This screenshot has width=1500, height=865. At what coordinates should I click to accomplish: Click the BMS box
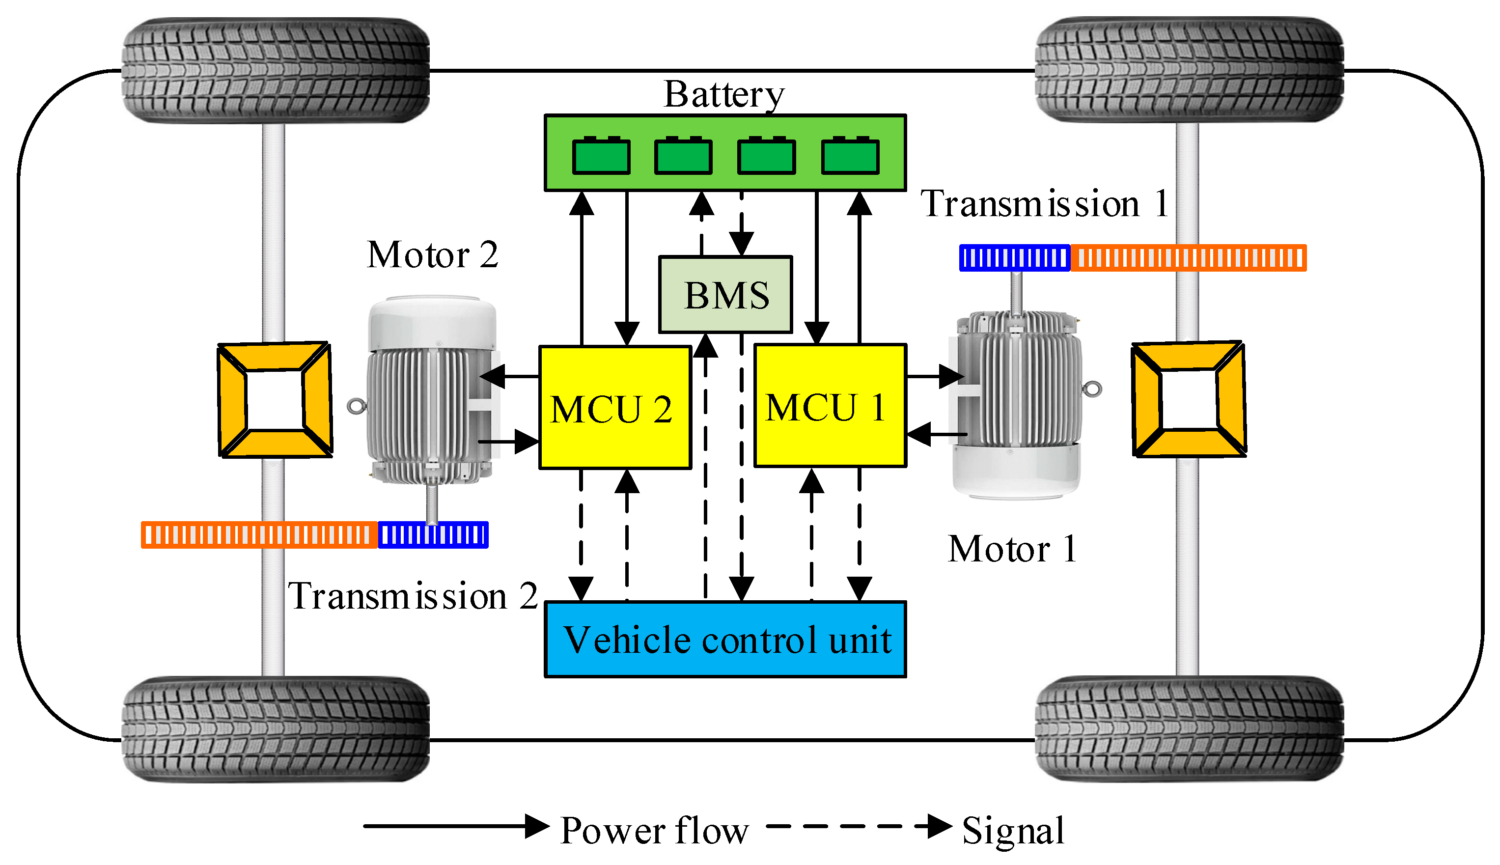pos(725,295)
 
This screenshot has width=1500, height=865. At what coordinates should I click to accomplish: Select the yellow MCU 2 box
pos(615,408)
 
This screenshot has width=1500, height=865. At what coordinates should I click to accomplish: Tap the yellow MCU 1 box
pos(830,406)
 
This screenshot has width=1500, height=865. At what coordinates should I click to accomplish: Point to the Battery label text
pos(724,95)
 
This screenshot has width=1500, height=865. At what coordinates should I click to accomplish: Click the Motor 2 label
pos(433,255)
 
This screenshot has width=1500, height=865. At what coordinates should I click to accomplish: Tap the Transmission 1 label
pos(1044,204)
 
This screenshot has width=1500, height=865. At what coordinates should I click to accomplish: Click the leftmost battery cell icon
pos(601,155)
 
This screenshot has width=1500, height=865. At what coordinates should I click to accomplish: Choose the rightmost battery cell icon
pos(850,155)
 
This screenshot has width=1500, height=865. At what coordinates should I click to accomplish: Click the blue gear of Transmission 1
pos(1015,258)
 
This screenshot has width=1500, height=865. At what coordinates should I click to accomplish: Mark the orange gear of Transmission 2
pos(260,535)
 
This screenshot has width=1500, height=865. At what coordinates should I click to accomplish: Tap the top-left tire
pos(276,70)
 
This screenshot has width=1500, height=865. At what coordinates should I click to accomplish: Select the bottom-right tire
pos(1189,729)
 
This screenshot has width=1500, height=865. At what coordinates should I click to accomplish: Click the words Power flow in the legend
pos(654,830)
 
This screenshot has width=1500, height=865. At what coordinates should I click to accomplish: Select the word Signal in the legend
pos(1013,831)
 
